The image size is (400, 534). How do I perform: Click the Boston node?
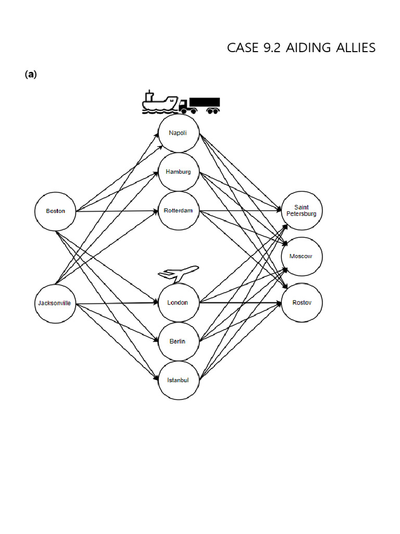click(x=56, y=211)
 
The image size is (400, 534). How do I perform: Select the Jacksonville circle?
click(x=55, y=303)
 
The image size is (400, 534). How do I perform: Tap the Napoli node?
click(x=178, y=133)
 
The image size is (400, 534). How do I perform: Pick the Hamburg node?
click(x=178, y=172)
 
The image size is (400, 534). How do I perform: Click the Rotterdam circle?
click(x=178, y=211)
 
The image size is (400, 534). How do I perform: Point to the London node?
click(x=178, y=302)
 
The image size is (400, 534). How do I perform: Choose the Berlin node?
click(x=178, y=341)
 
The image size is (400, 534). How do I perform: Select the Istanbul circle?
click(x=178, y=380)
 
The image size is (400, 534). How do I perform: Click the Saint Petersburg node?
click(x=302, y=211)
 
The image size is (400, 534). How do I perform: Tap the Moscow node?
click(x=302, y=256)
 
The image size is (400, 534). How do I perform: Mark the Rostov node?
click(x=302, y=302)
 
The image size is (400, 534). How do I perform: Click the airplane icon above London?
click(x=179, y=273)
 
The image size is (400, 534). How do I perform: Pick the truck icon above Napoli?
click(x=200, y=105)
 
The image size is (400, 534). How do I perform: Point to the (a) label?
click(x=30, y=75)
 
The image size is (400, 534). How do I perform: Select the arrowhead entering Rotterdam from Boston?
click(x=155, y=211)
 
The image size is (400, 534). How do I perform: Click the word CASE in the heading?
click(x=242, y=48)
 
